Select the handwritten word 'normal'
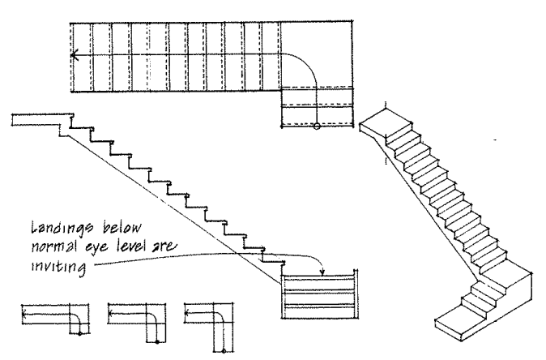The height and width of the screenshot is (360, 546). coord(54,246)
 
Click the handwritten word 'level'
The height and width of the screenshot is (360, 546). coord(132,245)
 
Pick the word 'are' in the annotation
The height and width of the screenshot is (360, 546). coord(164,246)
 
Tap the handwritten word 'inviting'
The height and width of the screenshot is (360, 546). coord(58,268)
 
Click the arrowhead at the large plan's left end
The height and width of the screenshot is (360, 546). coord(75,55)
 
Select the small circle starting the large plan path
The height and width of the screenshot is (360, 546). coord(317,126)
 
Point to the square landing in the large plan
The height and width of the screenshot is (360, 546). coord(317,54)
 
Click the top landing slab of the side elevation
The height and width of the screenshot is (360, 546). coord(42,120)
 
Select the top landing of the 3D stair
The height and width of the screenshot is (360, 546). coord(386,123)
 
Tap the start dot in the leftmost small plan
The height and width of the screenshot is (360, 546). coord(79,334)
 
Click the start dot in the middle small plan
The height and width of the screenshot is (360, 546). coord(157,342)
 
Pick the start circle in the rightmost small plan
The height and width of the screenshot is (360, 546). coord(224,350)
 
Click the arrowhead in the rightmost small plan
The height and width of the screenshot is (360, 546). coord(187,313)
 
